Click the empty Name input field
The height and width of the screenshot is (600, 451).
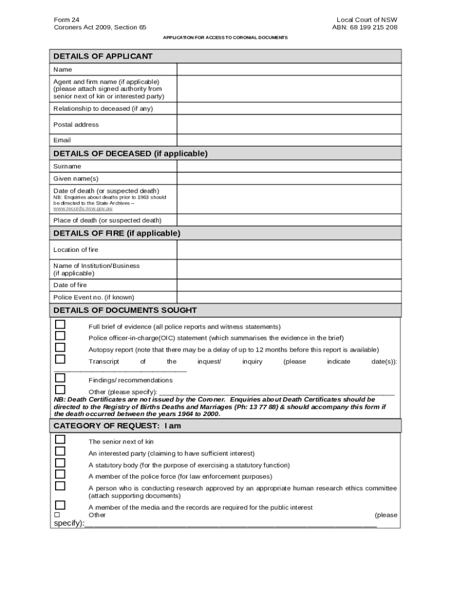click(289, 70)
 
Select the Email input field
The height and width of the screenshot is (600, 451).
click(289, 141)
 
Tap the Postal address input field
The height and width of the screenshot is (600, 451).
click(289, 125)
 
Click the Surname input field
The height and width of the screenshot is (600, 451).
click(289, 166)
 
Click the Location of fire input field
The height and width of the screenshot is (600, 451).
click(289, 250)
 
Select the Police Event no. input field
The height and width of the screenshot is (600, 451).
click(289, 297)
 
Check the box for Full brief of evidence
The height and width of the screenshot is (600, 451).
click(60, 325)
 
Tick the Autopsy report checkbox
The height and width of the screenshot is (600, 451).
click(60, 348)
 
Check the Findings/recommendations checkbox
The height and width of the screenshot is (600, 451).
click(60, 379)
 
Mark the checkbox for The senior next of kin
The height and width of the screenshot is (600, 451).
click(60, 439)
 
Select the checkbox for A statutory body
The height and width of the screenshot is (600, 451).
click(60, 463)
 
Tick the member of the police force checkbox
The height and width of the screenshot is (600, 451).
click(60, 475)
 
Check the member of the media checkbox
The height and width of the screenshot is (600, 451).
click(60, 505)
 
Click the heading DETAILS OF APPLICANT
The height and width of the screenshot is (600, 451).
click(103, 56)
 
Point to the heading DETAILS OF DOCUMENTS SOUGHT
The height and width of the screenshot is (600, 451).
click(125, 310)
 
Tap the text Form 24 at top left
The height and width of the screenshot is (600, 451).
click(67, 19)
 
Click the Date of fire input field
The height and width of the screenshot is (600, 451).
click(289, 285)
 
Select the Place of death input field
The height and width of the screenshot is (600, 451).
click(289, 220)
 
